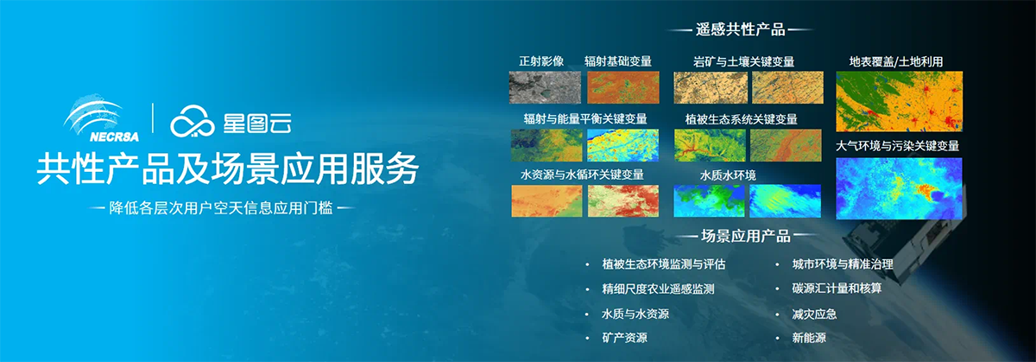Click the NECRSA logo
[101, 118]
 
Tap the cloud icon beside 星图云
[193, 121]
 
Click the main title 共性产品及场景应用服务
[228, 169]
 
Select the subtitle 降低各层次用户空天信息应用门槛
[221, 208]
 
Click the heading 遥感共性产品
[741, 29]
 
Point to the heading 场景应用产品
[746, 236]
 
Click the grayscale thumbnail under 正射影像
[545, 87]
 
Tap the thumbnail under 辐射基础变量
[623, 87]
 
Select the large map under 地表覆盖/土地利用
[899, 101]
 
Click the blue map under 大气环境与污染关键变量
[899, 188]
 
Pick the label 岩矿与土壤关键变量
[743, 61]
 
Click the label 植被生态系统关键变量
[742, 119]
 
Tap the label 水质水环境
[728, 175]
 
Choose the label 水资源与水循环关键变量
[582, 175]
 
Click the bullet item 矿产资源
[624, 338]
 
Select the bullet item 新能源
[809, 338]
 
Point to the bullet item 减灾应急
[814, 314]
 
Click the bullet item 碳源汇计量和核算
[837, 289]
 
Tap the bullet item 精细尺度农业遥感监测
[658, 289]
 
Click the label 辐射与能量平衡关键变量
[585, 119]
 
